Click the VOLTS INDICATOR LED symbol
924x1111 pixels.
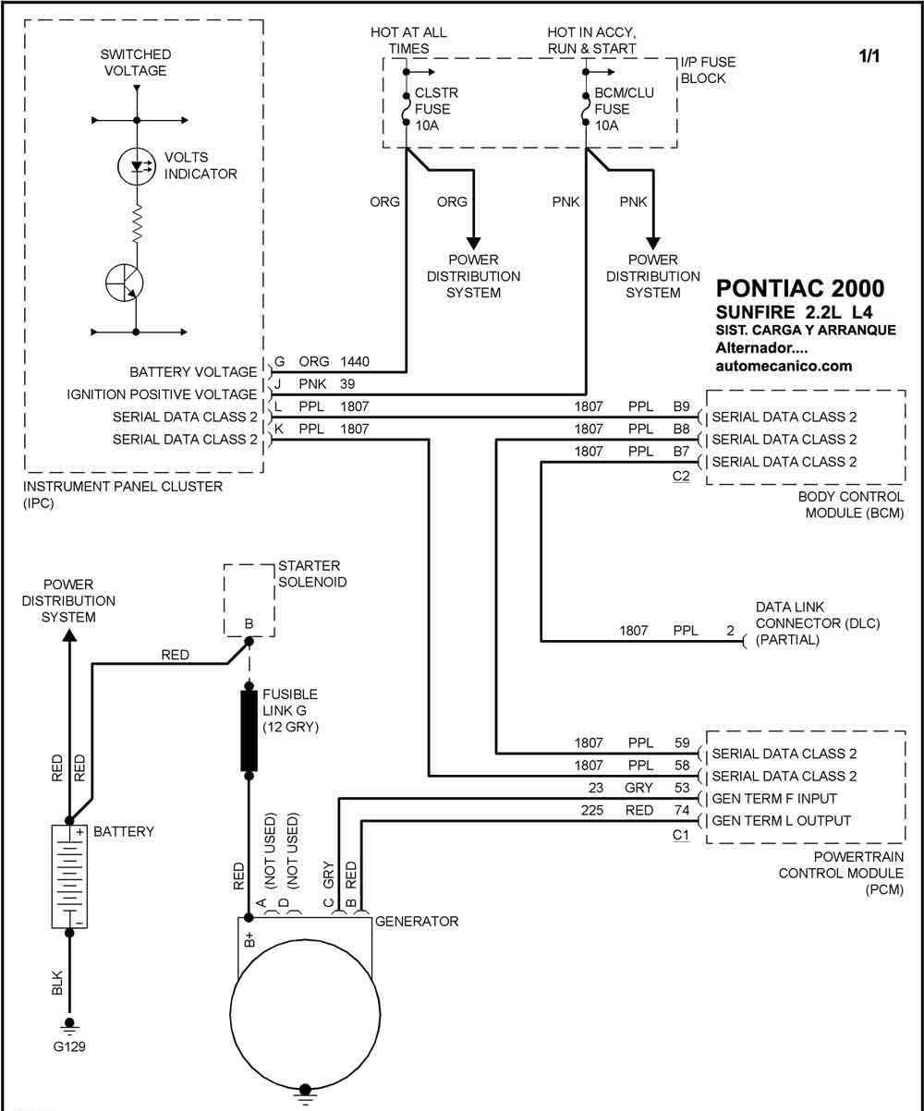point(136,166)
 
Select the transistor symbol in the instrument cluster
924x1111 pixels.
point(125,282)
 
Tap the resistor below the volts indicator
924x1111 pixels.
point(137,223)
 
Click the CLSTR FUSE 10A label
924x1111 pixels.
point(436,109)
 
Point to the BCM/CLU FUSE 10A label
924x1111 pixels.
point(624,109)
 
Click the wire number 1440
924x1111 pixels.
point(355,362)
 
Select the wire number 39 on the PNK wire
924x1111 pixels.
point(347,384)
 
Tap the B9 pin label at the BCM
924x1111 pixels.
point(681,406)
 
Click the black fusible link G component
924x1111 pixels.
point(249,731)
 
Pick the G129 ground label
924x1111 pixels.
point(69,1046)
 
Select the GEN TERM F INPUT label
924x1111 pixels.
point(774,799)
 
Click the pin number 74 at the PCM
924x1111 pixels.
point(682,810)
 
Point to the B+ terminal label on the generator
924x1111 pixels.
point(249,939)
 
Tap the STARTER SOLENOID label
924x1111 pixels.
point(312,574)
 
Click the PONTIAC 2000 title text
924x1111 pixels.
point(800,288)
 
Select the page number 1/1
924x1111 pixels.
point(869,55)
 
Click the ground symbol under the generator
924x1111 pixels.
point(305,1096)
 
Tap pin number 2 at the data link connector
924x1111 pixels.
point(730,631)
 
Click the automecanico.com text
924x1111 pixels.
point(784,366)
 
